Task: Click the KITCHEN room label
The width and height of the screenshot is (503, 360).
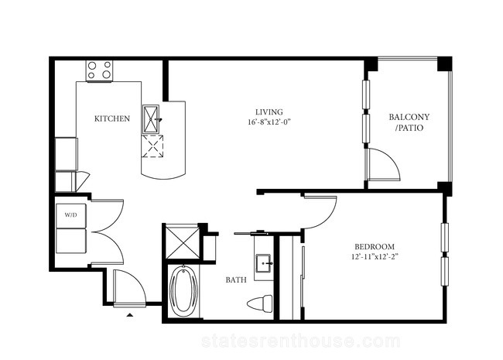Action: pos(112,118)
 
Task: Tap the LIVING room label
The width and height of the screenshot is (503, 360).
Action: pos(269,112)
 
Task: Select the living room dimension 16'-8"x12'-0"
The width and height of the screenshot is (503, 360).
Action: pos(269,122)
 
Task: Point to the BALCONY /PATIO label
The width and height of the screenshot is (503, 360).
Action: pos(409,122)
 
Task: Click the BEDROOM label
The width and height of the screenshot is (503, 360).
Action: pos(375,247)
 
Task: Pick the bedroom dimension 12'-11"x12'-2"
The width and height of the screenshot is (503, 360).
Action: pos(375,257)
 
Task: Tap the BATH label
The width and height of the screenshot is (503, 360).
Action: pos(236,280)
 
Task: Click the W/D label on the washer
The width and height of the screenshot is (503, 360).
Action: pos(71,215)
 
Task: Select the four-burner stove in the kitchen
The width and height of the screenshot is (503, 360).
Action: pos(100,70)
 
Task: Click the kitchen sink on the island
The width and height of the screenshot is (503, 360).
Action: pos(151,119)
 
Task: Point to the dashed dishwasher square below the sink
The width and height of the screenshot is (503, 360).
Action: pos(152,146)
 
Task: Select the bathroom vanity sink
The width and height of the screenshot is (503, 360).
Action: pos(264,263)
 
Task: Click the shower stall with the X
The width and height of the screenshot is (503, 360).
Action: pos(183,242)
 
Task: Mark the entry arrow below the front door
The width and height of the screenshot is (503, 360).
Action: pos(129,315)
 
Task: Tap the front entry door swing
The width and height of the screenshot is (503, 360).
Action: pos(135,282)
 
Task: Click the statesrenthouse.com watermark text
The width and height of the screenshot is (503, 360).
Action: pos(300,341)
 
